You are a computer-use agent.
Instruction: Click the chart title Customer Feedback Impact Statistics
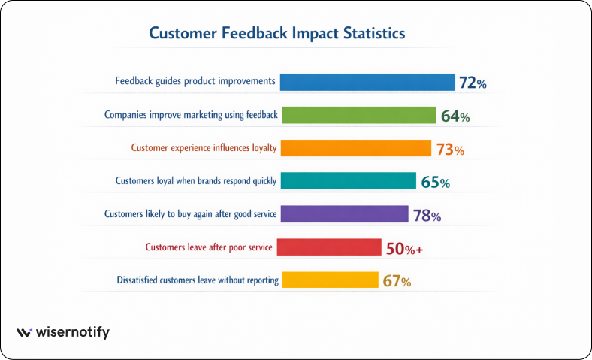pos(277,34)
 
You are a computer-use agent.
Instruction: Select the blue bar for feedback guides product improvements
pos(367,82)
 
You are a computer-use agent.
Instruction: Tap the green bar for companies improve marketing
pos(358,115)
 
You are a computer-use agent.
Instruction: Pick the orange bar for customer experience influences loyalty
pos(355,148)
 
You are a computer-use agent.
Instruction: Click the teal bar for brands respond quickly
pos(348,181)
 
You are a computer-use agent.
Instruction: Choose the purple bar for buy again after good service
pos(344,214)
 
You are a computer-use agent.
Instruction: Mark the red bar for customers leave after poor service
pos(331,247)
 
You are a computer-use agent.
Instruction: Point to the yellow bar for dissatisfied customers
pos(329,280)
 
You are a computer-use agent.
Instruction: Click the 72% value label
pos(473,83)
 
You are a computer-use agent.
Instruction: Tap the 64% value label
pos(455,116)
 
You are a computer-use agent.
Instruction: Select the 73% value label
pos(450,150)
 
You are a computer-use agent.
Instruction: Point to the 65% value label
pos(435,183)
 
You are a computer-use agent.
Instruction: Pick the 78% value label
pos(427,216)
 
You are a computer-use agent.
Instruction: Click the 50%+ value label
pos(404,249)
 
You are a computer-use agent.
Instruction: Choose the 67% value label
pos(397,282)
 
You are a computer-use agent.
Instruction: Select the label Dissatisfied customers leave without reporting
pos(198,280)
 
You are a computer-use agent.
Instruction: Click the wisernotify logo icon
pos(25,332)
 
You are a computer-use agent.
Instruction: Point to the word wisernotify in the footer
pos(73,332)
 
